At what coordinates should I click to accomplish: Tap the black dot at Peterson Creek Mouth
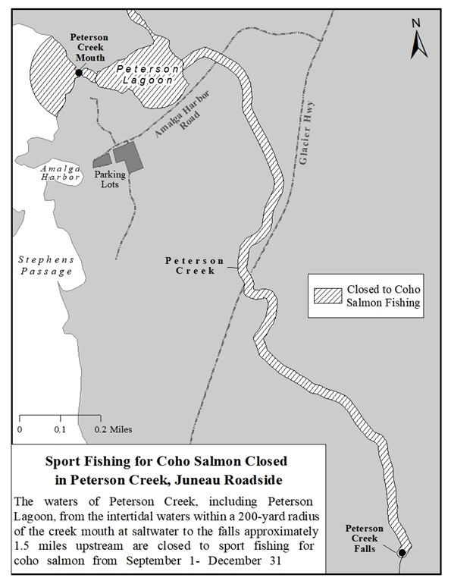78,73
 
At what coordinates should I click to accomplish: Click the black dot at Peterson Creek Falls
402,552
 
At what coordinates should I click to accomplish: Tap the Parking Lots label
110,178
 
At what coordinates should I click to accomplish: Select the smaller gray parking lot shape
102,161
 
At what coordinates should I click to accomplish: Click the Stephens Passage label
46,265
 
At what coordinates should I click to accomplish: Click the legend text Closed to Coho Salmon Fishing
382,297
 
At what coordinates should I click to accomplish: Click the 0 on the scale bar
20,429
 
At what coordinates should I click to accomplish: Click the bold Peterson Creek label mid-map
190,265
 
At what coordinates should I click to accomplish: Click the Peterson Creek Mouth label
89,46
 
